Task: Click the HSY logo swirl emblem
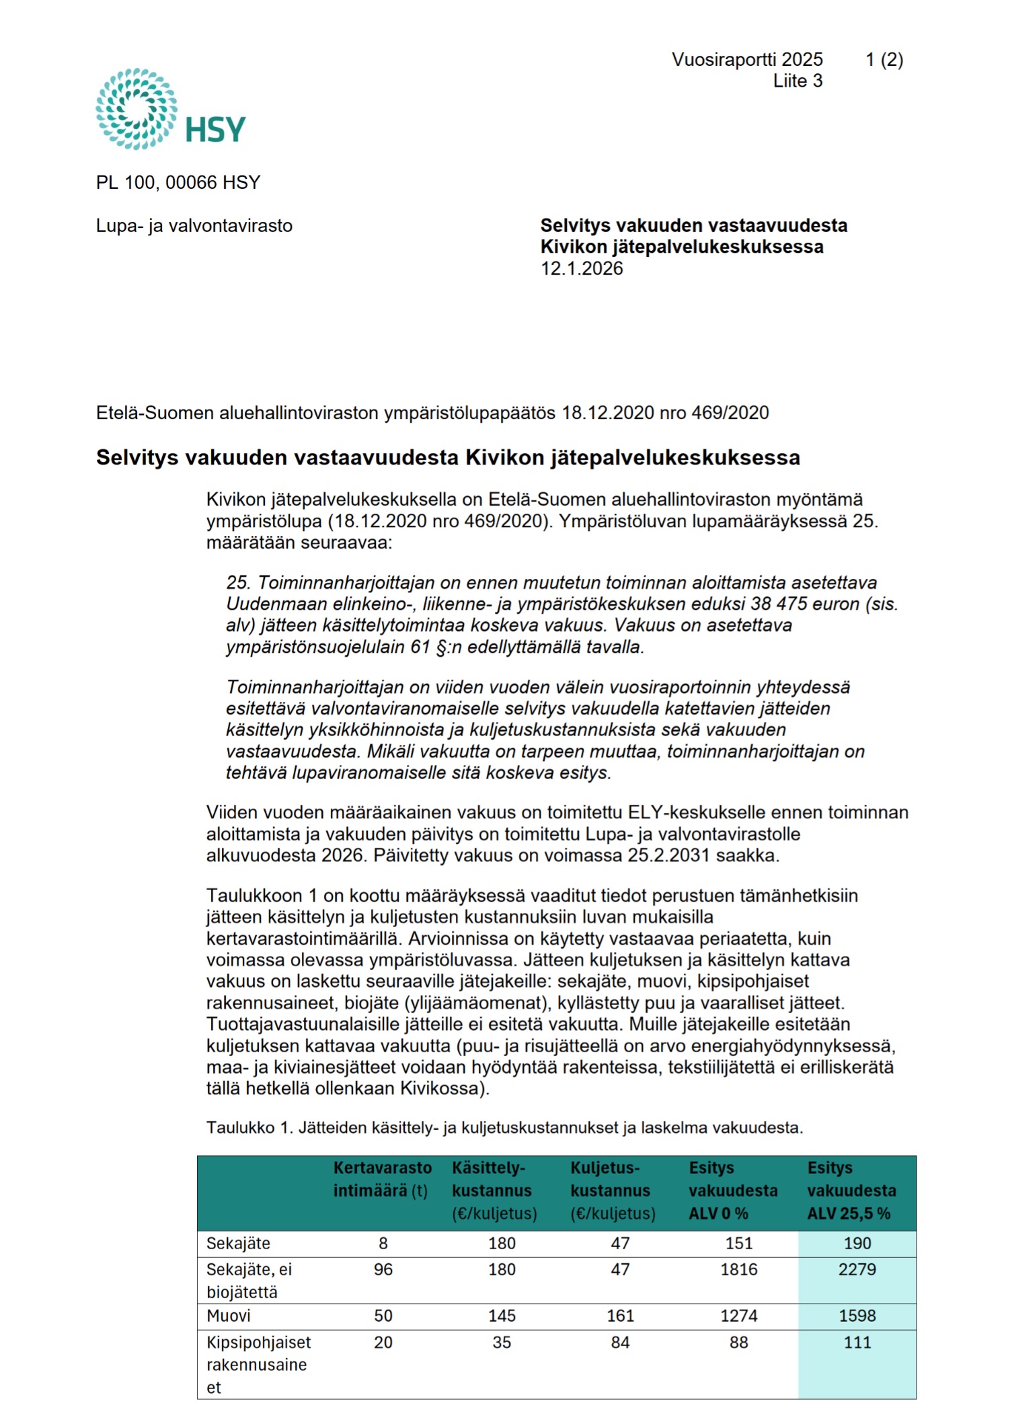tap(137, 108)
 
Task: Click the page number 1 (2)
tap(884, 60)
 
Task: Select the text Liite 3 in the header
tap(798, 81)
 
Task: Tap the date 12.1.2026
tap(582, 269)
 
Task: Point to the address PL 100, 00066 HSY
tap(178, 183)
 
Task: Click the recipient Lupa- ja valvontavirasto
tap(194, 226)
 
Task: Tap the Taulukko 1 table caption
tap(504, 1127)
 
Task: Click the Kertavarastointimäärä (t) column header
tap(382, 1179)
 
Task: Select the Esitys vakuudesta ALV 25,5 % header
tap(851, 1190)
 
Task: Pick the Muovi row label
tap(229, 1316)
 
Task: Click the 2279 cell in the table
tap(857, 1269)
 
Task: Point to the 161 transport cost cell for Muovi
tap(620, 1316)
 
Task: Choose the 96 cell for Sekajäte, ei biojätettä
tap(383, 1269)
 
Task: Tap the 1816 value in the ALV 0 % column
tap(738, 1269)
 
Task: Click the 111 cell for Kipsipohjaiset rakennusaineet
tap(857, 1342)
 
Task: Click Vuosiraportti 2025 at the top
tap(747, 60)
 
